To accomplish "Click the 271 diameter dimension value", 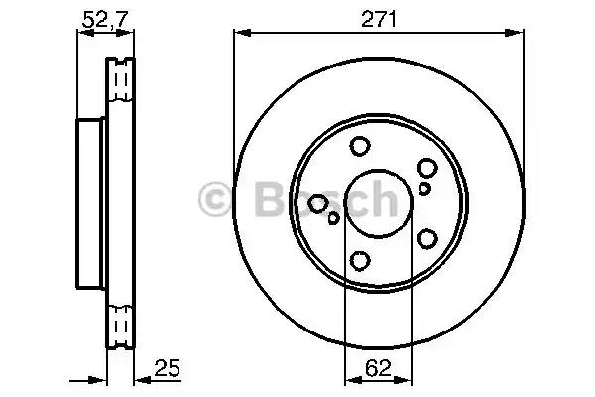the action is click(379, 19).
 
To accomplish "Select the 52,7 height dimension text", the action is click(106, 19).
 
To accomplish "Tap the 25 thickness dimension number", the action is click(167, 368).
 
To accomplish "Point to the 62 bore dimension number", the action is click(378, 368).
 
